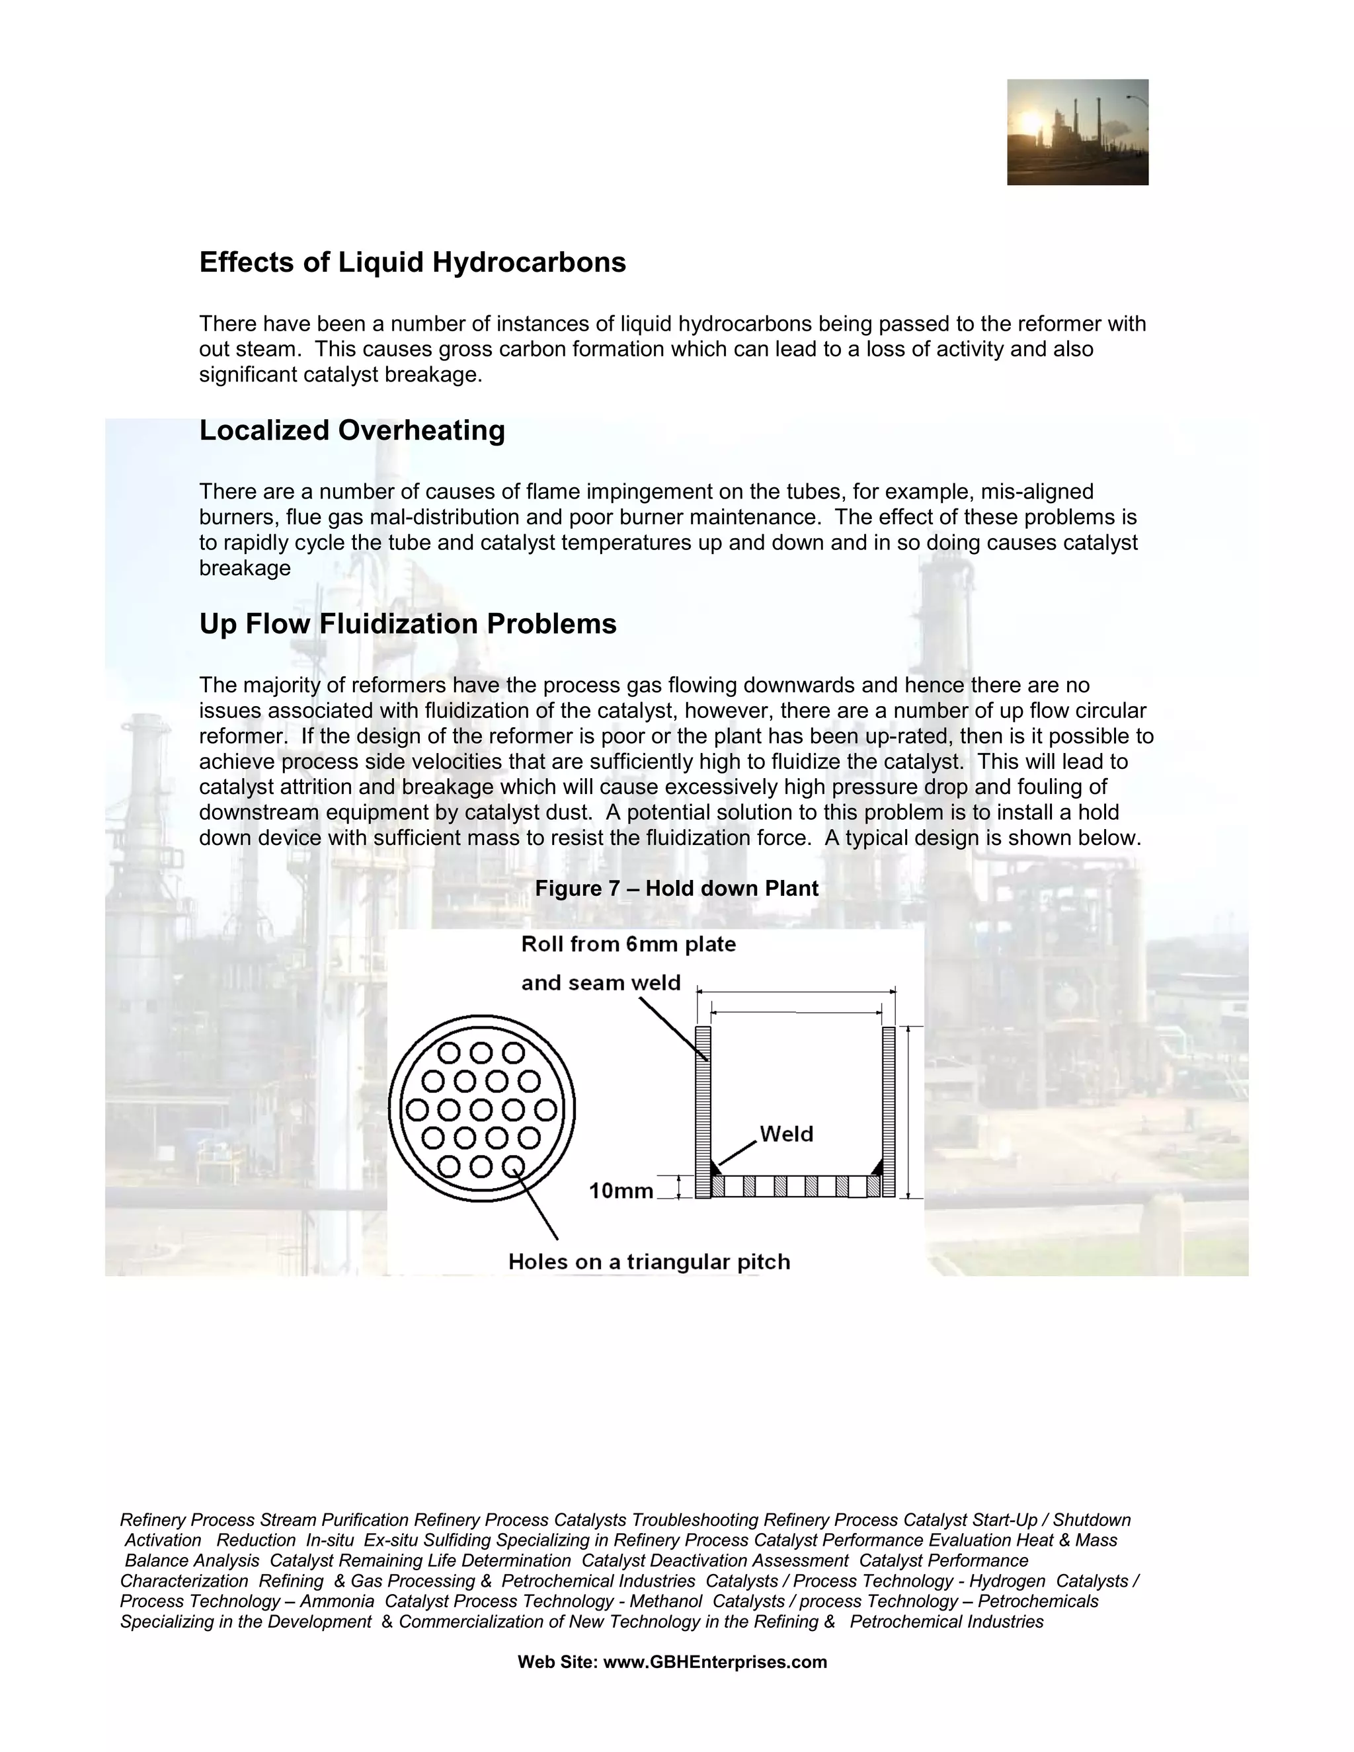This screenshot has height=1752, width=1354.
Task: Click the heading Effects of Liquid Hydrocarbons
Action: coord(413,262)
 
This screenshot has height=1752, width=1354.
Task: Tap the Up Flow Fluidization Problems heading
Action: coord(407,623)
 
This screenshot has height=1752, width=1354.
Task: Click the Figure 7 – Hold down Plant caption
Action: coord(676,888)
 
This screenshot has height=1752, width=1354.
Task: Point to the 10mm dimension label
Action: coord(621,1191)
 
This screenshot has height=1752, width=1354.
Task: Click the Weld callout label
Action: coord(786,1133)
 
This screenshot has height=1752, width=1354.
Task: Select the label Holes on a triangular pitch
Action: coord(649,1262)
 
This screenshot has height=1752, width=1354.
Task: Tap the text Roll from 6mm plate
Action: coord(628,943)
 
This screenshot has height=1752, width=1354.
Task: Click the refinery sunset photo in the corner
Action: coord(1076,132)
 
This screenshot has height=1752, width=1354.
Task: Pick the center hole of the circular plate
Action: coord(481,1109)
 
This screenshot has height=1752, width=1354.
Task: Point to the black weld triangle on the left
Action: coord(715,1167)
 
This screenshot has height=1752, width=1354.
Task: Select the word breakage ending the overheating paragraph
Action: coord(245,568)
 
